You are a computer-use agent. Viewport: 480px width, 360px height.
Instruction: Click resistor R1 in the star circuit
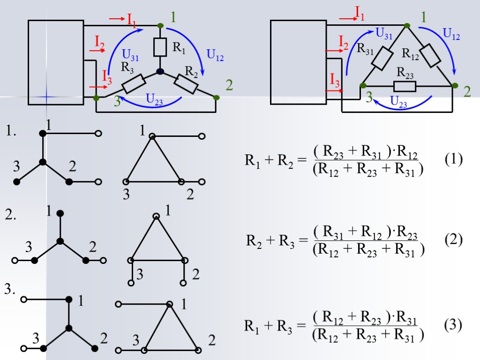click(160, 47)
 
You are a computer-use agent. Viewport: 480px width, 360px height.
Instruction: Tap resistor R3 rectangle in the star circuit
click(135, 85)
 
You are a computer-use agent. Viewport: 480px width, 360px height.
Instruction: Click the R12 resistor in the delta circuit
click(430, 56)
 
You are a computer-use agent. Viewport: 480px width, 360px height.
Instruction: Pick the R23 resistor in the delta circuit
click(405, 86)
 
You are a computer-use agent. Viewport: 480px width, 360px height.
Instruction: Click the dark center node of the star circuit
click(160, 71)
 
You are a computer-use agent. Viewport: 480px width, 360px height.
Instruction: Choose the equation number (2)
click(453, 240)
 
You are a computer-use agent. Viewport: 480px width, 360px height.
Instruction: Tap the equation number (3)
click(453, 325)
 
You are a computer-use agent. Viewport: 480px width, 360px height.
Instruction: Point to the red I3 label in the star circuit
click(107, 76)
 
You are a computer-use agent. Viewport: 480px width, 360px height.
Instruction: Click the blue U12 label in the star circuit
click(215, 55)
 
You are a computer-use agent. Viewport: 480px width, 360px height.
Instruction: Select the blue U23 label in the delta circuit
click(399, 101)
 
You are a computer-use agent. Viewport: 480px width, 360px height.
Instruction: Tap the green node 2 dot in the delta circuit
click(454, 85)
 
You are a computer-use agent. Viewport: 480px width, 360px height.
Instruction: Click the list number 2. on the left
click(11, 216)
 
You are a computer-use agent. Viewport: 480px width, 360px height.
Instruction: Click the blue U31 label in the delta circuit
click(384, 33)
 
